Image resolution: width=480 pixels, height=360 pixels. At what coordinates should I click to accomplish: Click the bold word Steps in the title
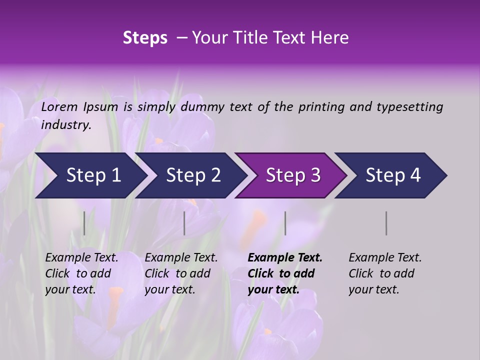[145, 38]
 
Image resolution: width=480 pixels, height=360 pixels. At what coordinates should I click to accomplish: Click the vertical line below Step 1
[84, 223]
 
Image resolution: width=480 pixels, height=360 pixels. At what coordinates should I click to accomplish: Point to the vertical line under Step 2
[184, 223]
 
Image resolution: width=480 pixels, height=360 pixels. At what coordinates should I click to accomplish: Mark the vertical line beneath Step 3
[285, 223]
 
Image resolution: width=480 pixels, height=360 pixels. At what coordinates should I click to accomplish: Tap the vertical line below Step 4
[386, 223]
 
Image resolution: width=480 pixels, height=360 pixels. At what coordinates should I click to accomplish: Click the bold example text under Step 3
[285, 273]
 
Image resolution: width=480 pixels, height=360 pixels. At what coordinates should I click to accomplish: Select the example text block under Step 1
[81, 273]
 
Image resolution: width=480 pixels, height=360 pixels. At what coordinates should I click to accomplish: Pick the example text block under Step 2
[181, 273]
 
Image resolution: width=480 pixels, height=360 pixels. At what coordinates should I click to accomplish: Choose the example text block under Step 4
[385, 273]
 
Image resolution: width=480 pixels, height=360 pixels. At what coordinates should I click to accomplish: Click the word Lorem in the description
[59, 107]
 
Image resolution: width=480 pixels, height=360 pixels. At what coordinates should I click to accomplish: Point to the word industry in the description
[66, 125]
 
